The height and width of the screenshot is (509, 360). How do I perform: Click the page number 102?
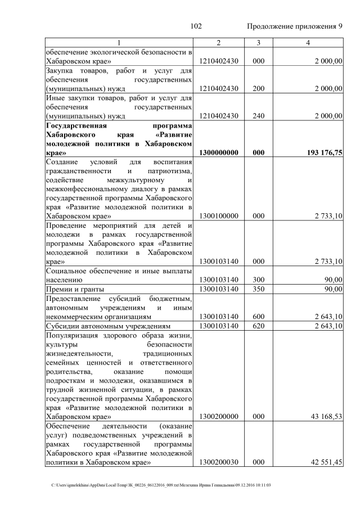point(196,26)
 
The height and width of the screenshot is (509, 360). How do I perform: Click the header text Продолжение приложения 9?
point(294,26)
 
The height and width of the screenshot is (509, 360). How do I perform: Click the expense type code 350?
point(258,289)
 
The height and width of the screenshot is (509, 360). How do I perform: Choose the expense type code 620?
point(258,326)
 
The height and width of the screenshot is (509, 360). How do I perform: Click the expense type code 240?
point(258,116)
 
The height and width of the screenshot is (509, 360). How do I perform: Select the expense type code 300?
point(258,280)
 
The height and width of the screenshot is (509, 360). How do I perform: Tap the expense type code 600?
point(258,316)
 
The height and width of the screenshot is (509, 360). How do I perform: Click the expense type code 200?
point(258,88)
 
